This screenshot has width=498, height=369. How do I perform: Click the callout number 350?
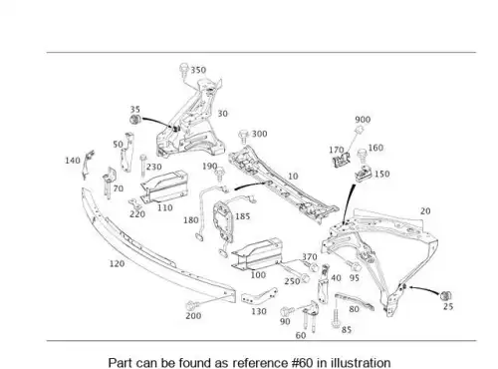pyautogui.click(x=198, y=70)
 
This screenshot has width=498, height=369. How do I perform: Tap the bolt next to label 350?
pyautogui.click(x=183, y=69)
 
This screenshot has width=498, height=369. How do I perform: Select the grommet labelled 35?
pyautogui.click(x=135, y=119)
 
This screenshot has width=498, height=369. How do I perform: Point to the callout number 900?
pyautogui.click(x=363, y=120)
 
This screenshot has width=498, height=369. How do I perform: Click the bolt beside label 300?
pyautogui.click(x=244, y=136)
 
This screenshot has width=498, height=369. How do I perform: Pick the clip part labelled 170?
pyautogui.click(x=342, y=160)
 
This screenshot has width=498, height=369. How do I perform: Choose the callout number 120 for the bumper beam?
pyautogui.click(x=117, y=263)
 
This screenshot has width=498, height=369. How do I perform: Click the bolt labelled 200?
pyautogui.click(x=192, y=305)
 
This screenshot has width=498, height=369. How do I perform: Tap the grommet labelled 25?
pyautogui.click(x=446, y=295)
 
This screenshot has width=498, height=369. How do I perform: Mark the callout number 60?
pyautogui.click(x=301, y=335)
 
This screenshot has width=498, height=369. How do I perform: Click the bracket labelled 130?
pyautogui.click(x=259, y=296)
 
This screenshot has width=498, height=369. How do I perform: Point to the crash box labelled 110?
pyautogui.click(x=163, y=186)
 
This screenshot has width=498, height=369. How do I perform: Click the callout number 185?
pyautogui.click(x=242, y=216)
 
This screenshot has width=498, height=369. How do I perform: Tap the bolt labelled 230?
pyautogui.click(x=143, y=166)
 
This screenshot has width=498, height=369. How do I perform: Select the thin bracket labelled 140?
pyautogui.click(x=88, y=165)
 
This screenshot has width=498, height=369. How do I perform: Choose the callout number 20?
pyautogui.click(x=425, y=211)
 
